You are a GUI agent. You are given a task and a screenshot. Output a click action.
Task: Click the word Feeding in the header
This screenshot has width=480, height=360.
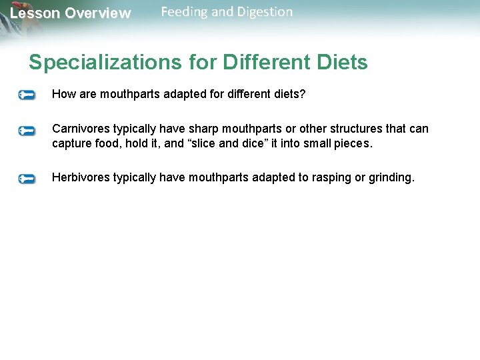coord(185,12)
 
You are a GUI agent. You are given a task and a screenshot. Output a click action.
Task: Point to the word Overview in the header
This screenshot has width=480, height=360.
coord(97,13)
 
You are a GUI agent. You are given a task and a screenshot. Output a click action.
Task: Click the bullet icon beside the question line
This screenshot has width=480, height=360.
coord(27,95)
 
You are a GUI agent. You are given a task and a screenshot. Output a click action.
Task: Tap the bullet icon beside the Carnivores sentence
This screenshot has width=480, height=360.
coord(27,130)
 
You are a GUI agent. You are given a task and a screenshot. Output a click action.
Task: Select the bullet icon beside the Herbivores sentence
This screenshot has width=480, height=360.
coord(27,179)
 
